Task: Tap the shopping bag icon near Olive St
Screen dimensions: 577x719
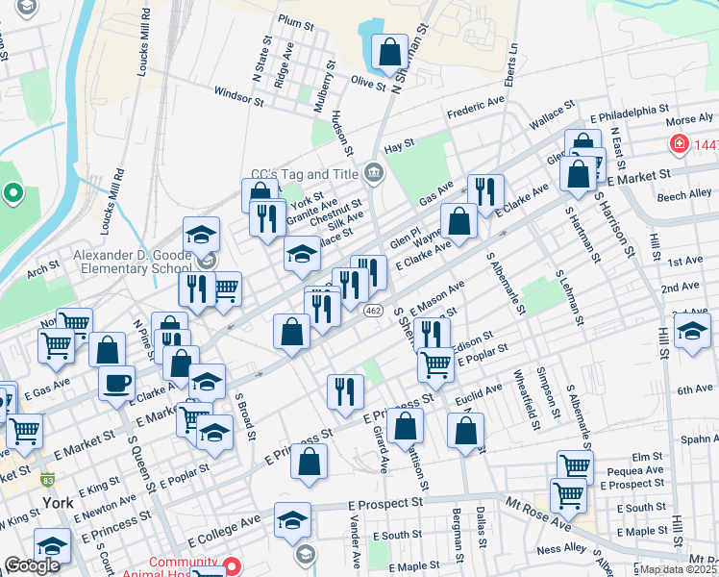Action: click(x=390, y=53)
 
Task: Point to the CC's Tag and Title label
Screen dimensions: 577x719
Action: click(x=304, y=174)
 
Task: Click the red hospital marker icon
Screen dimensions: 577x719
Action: click(x=679, y=144)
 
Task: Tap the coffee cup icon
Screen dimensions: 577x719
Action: click(x=117, y=383)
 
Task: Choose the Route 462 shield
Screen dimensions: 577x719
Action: click(x=374, y=310)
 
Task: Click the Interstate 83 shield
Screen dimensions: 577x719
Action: click(x=48, y=478)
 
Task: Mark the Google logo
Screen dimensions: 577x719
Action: click(x=32, y=564)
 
